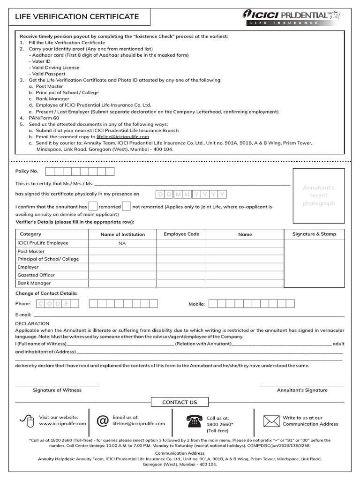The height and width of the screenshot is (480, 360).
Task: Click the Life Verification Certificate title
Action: (77, 17)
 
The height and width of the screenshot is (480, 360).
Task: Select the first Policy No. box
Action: (50, 172)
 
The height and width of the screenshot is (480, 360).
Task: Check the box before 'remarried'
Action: (93, 206)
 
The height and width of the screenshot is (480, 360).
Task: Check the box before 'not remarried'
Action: (127, 206)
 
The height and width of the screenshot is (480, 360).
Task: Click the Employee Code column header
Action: (181, 234)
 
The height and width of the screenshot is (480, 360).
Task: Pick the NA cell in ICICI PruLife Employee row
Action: (122, 243)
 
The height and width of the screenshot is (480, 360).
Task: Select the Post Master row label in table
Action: (31, 251)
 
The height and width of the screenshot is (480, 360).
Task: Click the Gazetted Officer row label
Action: (36, 275)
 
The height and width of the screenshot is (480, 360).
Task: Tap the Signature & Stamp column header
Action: (314, 234)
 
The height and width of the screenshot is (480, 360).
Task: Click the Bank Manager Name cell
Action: (245, 283)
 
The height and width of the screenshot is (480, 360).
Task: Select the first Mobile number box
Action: (213, 304)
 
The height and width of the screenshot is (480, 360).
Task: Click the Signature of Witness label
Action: (57, 390)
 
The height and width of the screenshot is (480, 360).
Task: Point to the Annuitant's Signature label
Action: (302, 390)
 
